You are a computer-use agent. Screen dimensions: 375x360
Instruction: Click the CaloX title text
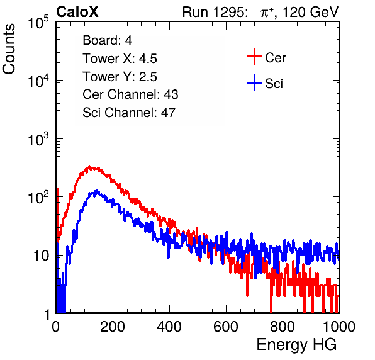pos(77,12)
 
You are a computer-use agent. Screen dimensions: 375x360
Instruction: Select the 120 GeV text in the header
pos(310,12)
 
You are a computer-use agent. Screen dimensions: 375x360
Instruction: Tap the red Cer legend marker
pos(254,57)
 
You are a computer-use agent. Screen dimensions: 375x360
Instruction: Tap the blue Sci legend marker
pos(254,82)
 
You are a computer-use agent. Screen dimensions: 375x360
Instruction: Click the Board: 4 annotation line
pos(108,40)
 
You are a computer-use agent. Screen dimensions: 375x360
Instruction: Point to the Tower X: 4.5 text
pos(120,59)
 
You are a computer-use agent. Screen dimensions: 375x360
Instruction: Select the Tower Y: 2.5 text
pos(120,77)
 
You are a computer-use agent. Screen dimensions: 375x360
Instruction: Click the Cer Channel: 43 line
pos(130,94)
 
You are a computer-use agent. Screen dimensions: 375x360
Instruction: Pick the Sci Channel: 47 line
pos(129,113)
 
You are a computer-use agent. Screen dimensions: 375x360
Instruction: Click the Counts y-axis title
pos(9,49)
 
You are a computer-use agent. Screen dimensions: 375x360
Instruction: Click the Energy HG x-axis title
pos(296,345)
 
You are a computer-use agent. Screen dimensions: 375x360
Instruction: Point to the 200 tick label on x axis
pos(113,327)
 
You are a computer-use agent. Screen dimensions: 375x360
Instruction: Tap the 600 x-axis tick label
pos(226,327)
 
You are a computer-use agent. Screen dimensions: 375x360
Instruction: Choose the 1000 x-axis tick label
pos(339,327)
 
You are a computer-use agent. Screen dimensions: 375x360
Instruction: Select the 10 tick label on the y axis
pos(41,256)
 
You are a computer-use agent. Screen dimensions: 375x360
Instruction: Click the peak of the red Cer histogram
pos(89,166)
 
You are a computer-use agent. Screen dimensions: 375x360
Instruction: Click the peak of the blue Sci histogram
pos(97,191)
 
